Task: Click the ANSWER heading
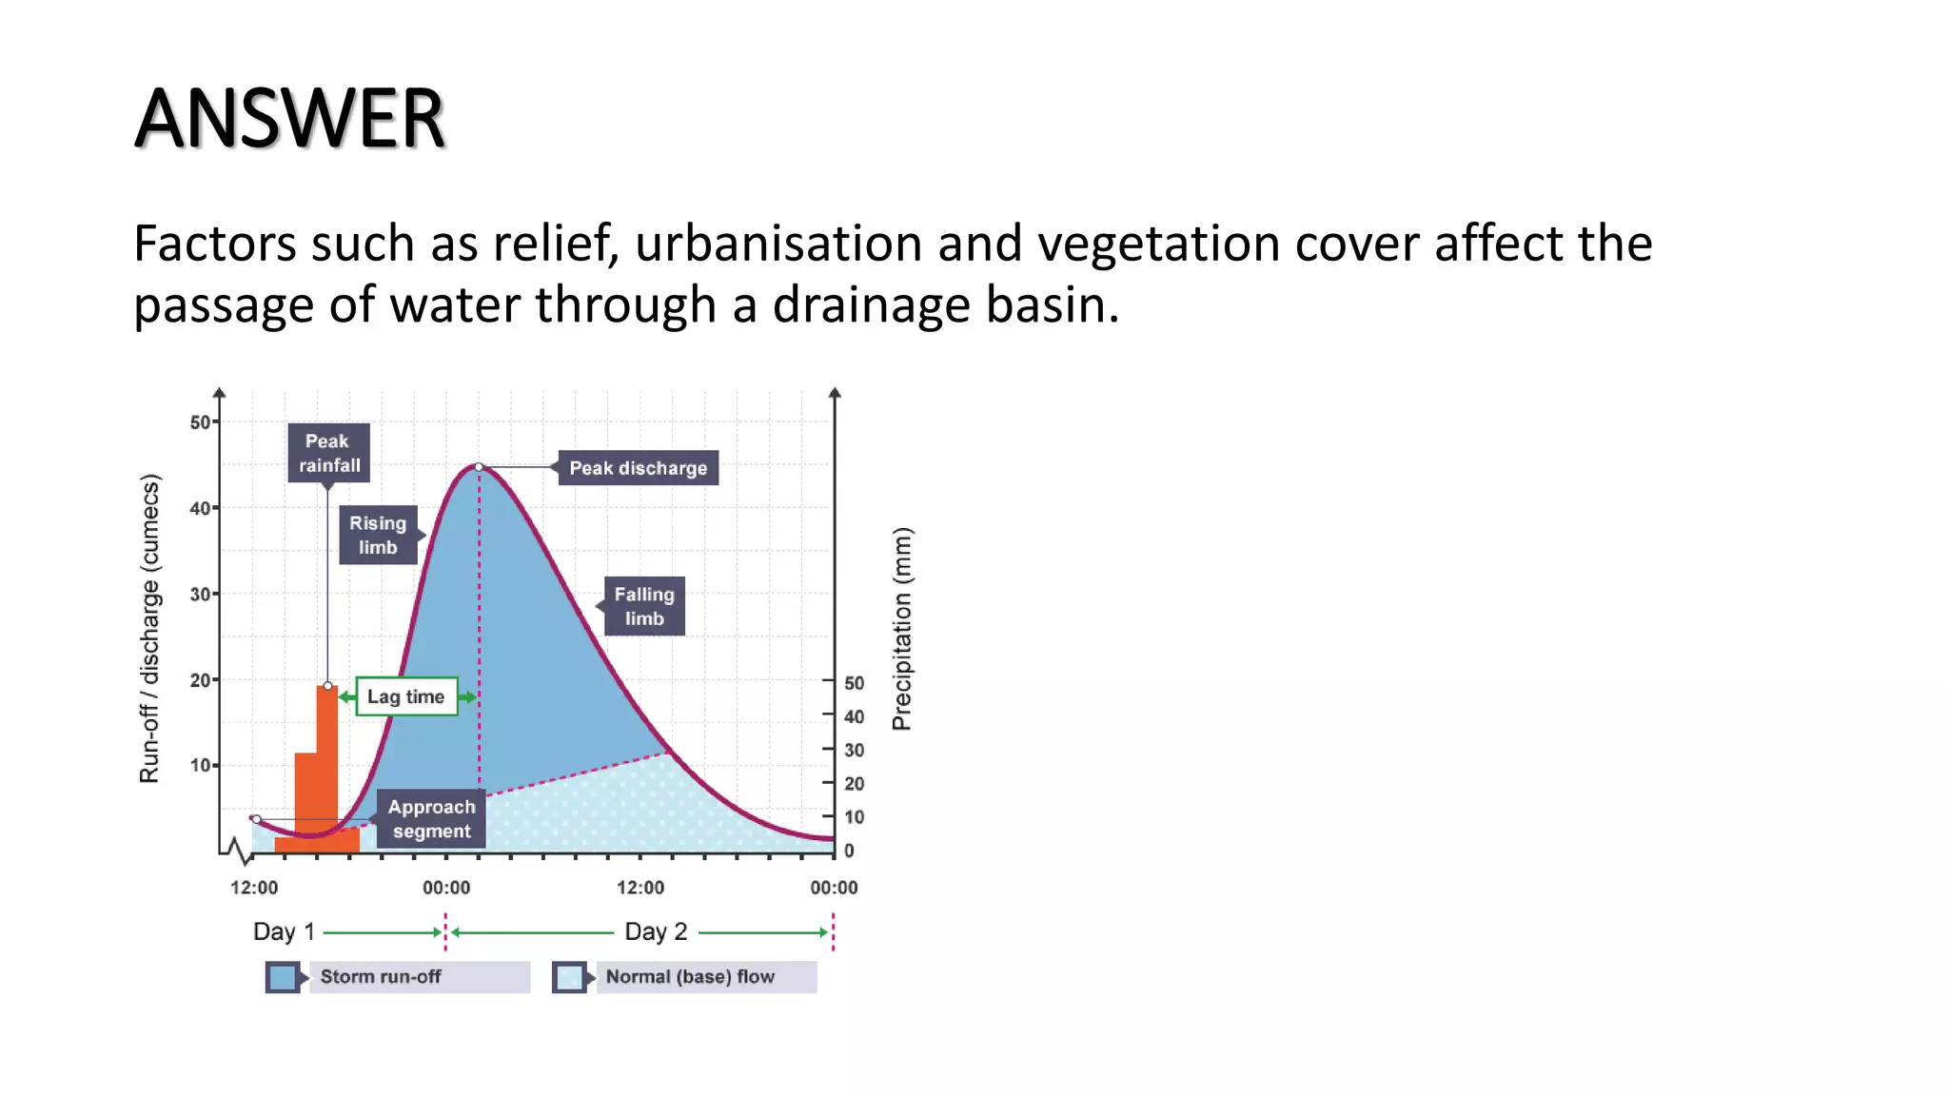(x=289, y=119)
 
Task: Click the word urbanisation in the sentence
(x=778, y=244)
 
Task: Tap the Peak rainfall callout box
(x=328, y=453)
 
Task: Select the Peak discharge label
(x=638, y=468)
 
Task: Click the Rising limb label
(x=378, y=535)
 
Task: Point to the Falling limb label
(x=644, y=606)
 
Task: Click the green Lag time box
(x=406, y=696)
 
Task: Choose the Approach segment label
(x=431, y=818)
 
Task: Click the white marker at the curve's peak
(x=479, y=467)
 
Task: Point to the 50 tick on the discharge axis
(x=201, y=421)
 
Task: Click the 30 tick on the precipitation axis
(x=854, y=750)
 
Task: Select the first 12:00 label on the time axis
(x=254, y=888)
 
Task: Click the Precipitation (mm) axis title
(x=902, y=629)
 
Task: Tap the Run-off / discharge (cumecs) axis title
(x=150, y=629)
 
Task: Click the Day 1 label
(x=284, y=931)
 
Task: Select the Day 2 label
(x=656, y=931)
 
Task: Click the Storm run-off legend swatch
(x=283, y=977)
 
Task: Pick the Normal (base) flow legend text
(x=690, y=977)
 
